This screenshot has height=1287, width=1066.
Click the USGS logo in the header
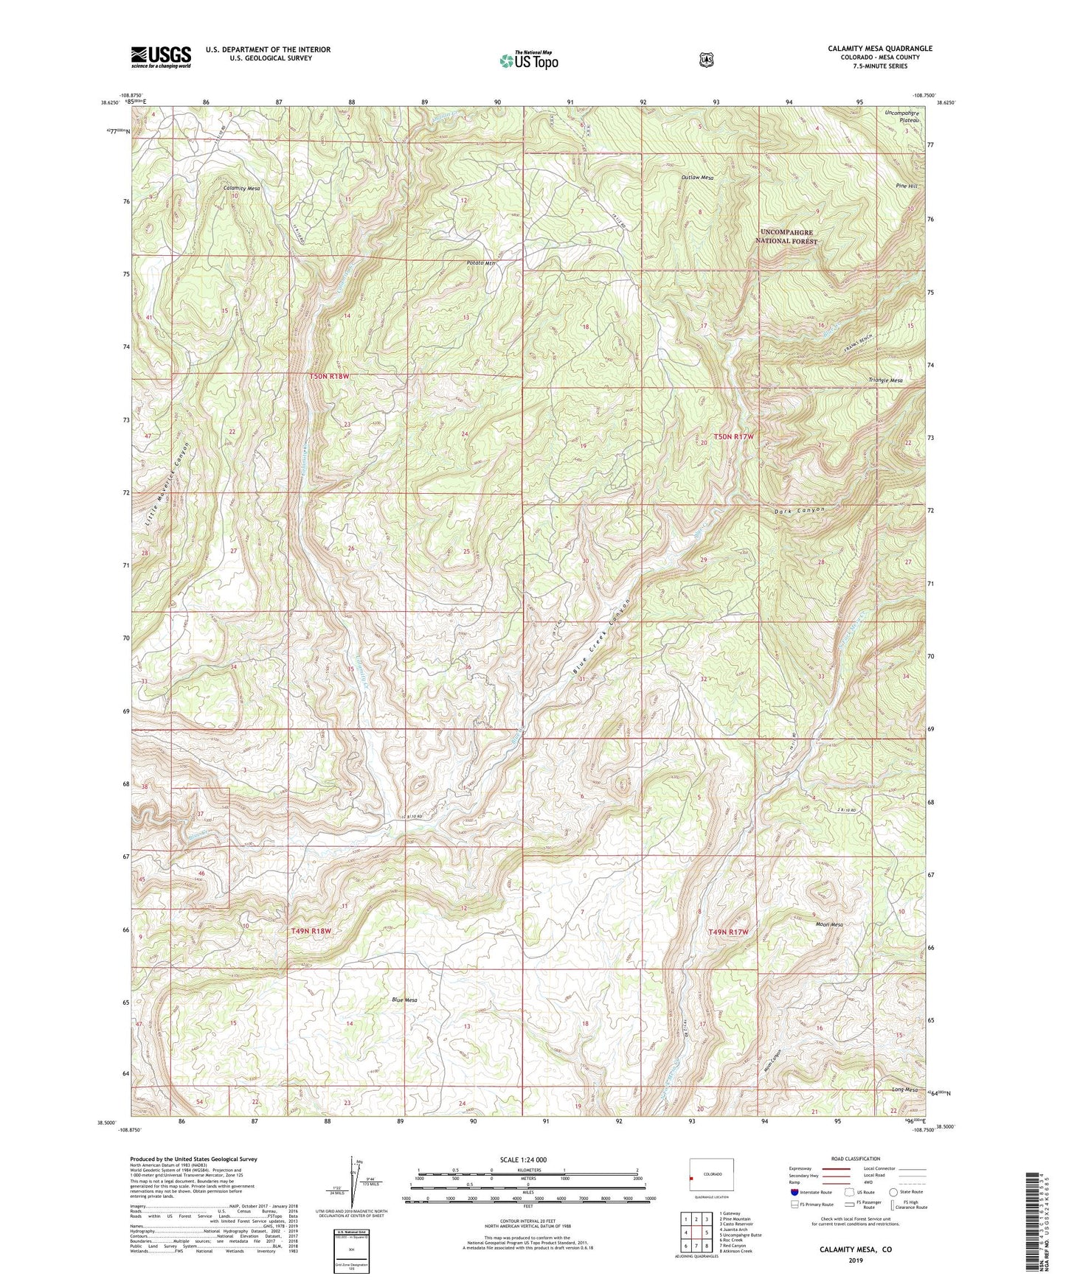pos(161,57)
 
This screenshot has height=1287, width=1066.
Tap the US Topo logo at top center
pos(528,60)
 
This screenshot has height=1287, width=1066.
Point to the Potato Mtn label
pos(481,263)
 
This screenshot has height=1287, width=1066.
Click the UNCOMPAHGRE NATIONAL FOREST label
pos(789,237)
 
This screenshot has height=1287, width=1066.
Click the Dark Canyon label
pos(799,510)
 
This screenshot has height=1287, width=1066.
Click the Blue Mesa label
pos(404,1000)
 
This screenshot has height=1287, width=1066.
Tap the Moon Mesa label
pos(829,924)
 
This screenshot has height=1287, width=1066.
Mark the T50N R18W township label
pos(328,377)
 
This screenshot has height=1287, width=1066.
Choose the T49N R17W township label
pos(728,932)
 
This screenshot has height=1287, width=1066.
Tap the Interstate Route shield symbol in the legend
pos(794,1192)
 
